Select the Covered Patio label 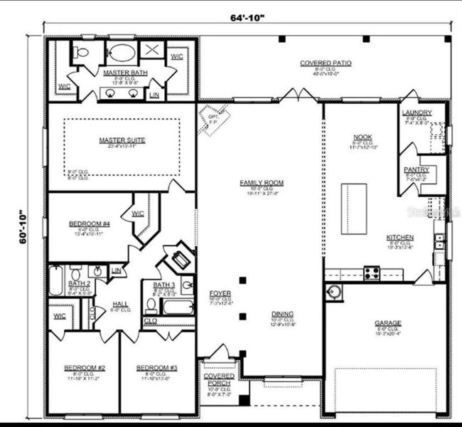(325, 63)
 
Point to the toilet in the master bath (80, 52)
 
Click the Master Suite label (122, 140)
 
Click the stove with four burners (372, 271)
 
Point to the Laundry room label (416, 113)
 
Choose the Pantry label (416, 169)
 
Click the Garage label (387, 323)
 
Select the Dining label (281, 314)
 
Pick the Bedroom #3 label (156, 368)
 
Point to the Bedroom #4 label (89, 224)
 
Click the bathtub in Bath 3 (177, 308)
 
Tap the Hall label (121, 304)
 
